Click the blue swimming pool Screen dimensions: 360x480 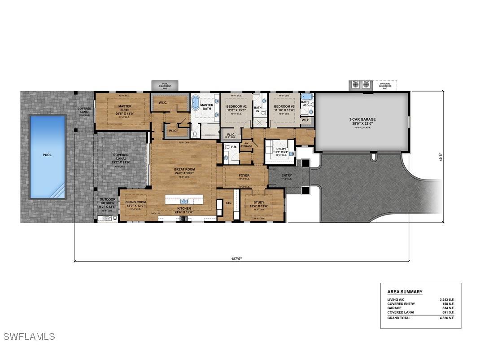point(47,157)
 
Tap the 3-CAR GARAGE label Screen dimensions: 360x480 point(362,120)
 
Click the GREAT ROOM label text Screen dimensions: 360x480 point(184,170)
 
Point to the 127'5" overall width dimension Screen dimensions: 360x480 point(241,259)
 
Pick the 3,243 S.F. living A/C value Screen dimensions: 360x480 point(447,299)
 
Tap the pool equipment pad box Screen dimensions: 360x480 point(165,85)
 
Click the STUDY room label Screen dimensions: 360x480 point(259,202)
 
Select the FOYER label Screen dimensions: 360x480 point(244,176)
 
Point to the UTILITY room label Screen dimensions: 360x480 point(281,149)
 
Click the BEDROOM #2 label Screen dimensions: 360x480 point(236,106)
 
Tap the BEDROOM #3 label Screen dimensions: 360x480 point(284,106)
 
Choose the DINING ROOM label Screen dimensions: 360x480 point(135,202)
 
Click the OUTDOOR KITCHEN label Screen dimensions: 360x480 point(108,201)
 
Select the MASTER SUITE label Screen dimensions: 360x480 point(125,108)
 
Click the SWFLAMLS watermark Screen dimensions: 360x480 point(29,336)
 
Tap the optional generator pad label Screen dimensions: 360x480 point(385,85)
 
